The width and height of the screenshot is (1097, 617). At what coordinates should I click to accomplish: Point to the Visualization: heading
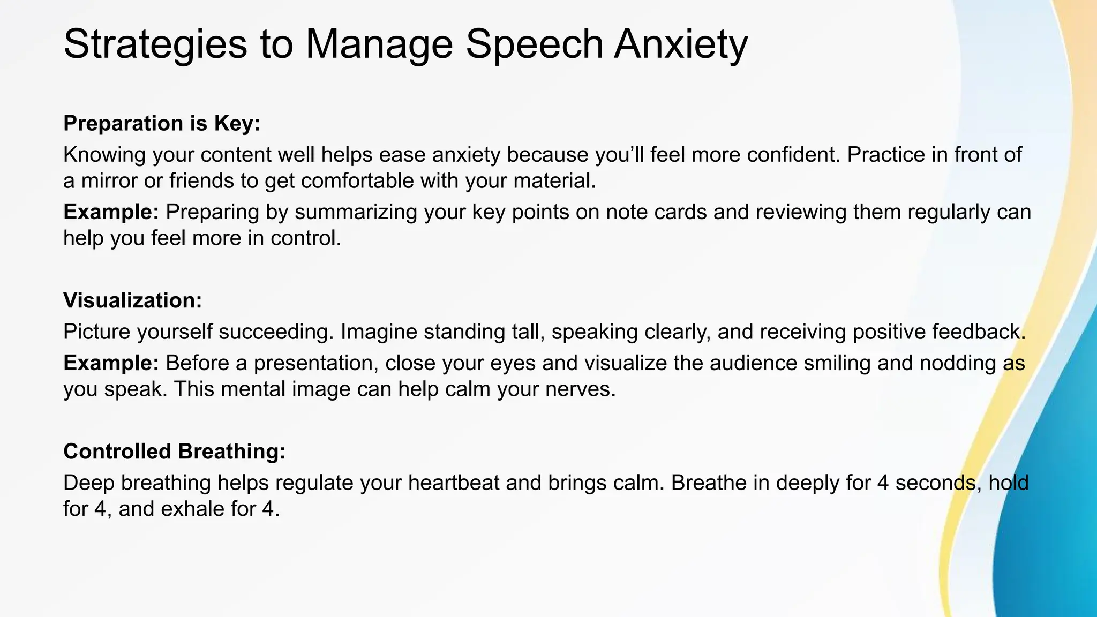pos(132,300)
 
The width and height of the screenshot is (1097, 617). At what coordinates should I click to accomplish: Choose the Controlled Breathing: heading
pos(174,452)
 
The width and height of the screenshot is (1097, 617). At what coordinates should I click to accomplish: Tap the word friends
pos(201,181)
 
